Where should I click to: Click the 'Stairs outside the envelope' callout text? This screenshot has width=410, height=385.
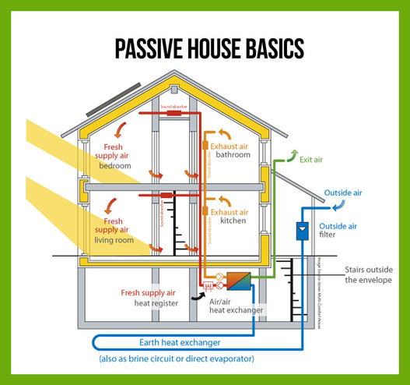pos(370,275)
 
